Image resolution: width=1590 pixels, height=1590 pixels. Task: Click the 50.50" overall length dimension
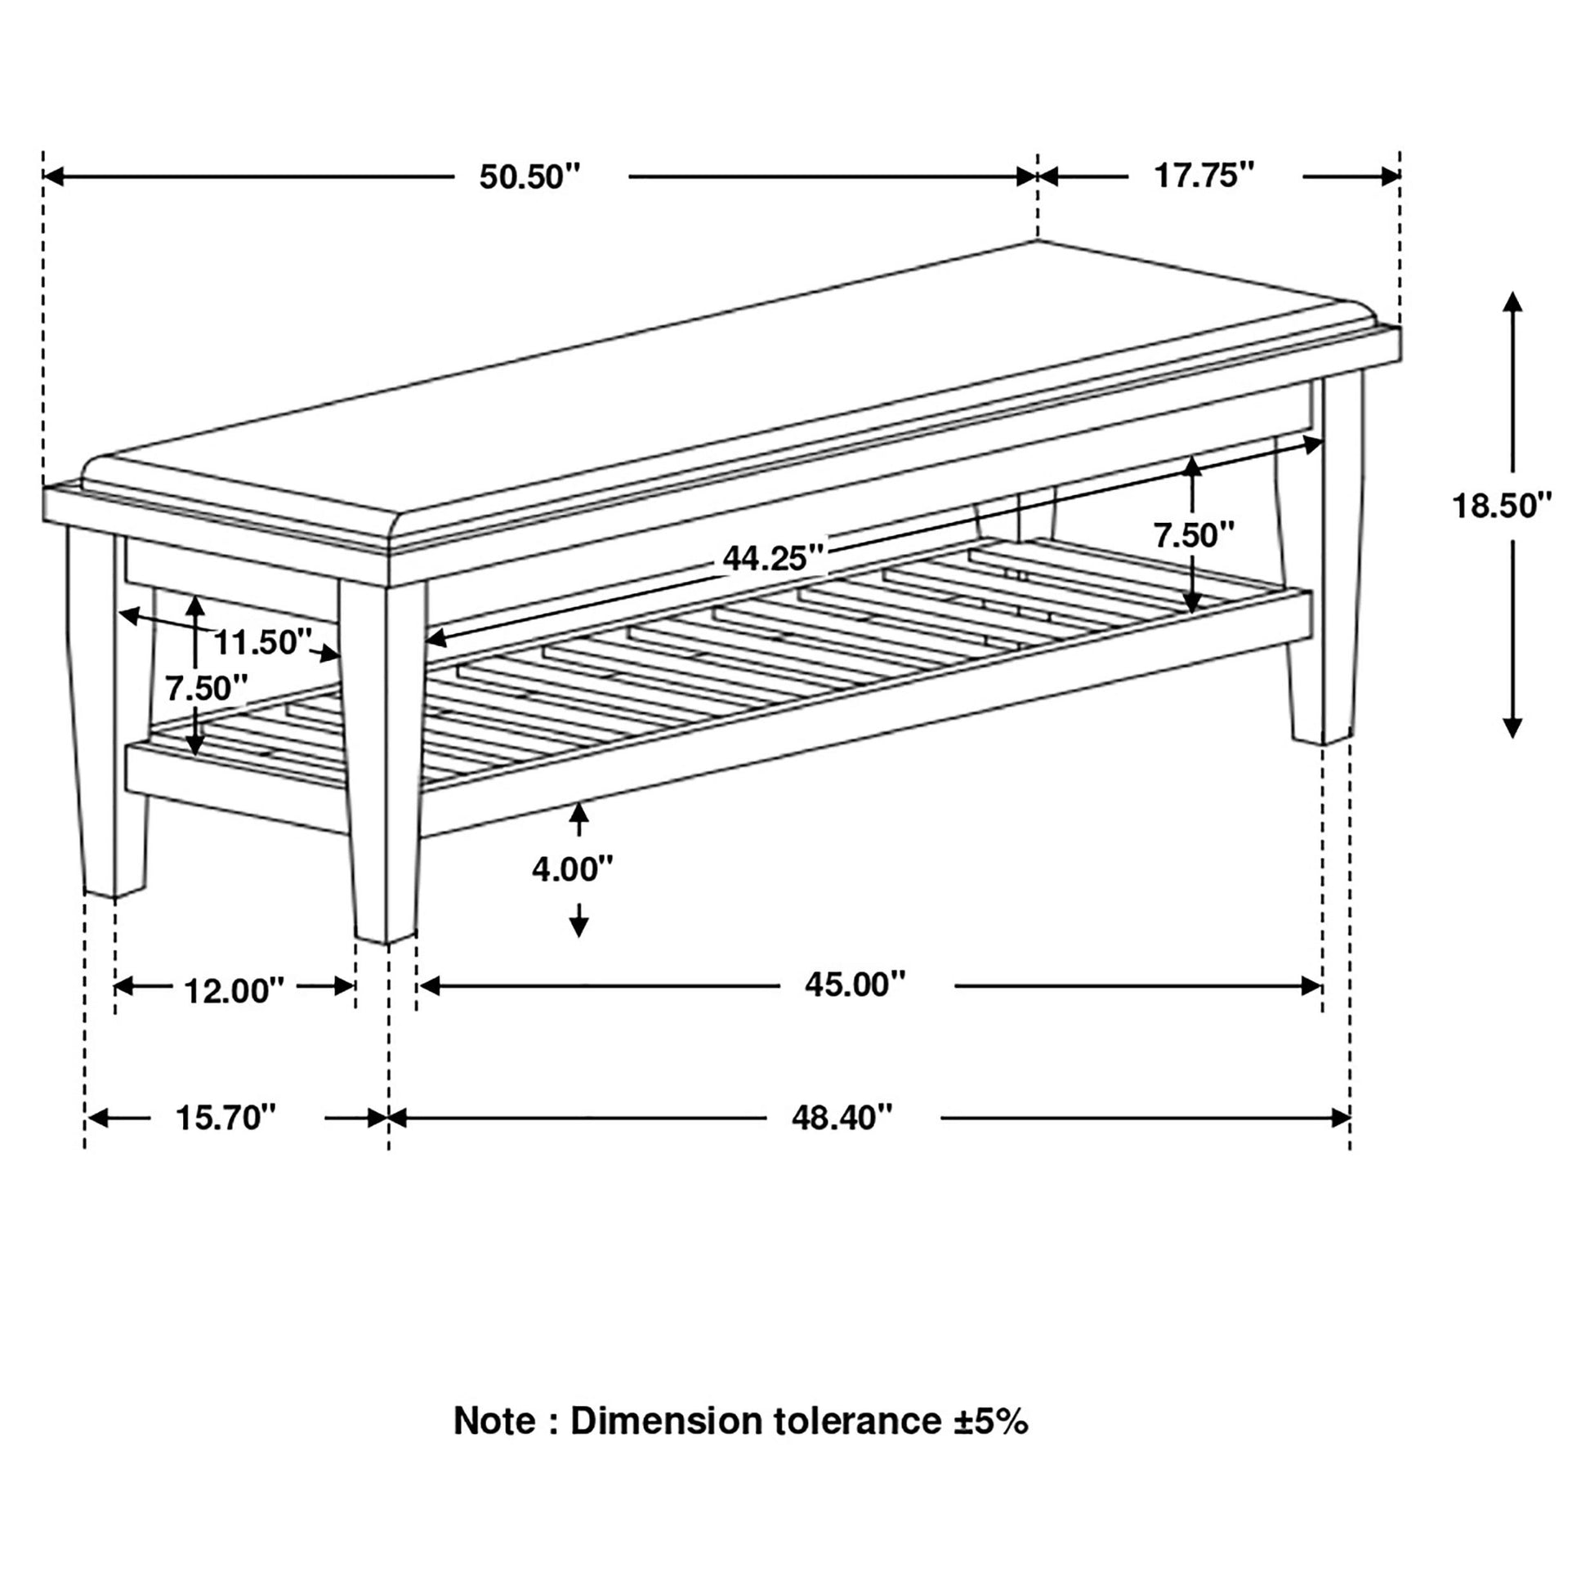[530, 177]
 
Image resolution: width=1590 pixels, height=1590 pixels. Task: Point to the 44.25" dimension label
[773, 559]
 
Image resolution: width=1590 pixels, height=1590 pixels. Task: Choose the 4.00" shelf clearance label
[573, 869]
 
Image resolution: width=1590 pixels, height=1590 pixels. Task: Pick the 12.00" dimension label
[234, 992]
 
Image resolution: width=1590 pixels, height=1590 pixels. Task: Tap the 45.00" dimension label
[855, 985]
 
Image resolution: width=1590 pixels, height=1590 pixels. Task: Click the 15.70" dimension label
[226, 1119]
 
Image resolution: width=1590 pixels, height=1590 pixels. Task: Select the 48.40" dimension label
[842, 1119]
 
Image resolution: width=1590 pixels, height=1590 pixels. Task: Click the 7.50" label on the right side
[1194, 536]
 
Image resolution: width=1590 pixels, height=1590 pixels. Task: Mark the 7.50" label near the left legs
[207, 688]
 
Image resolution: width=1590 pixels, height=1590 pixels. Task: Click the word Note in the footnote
[494, 1445]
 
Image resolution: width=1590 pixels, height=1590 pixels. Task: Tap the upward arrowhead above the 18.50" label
[1512, 301]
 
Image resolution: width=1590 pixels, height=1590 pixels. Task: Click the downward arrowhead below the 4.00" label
[579, 927]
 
